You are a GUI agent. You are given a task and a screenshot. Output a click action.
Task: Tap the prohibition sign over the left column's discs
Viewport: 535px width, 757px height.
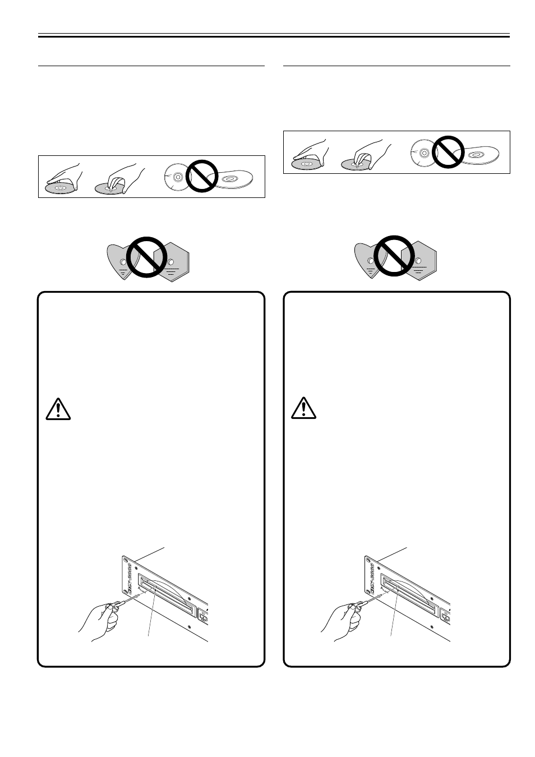[202, 176]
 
